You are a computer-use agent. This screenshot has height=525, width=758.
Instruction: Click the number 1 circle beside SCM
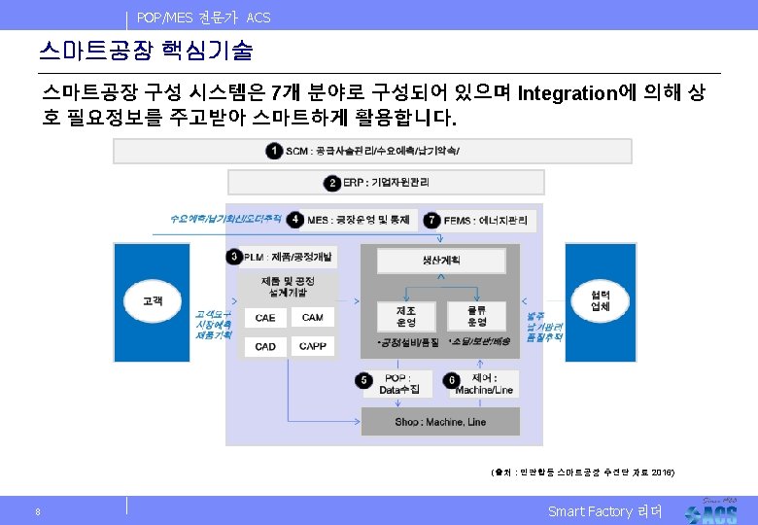click(274, 151)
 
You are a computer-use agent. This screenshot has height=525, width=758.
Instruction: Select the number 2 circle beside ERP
click(333, 182)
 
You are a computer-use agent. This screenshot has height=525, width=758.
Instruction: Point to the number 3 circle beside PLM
click(234, 257)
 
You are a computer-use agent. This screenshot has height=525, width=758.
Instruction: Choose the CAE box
click(265, 318)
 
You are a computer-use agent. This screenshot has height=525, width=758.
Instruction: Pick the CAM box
click(313, 318)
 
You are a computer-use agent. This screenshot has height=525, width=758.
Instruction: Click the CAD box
click(265, 346)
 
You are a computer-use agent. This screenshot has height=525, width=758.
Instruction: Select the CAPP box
click(313, 346)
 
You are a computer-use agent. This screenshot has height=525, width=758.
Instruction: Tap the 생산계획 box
click(441, 261)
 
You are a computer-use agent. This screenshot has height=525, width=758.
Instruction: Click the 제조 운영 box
click(406, 316)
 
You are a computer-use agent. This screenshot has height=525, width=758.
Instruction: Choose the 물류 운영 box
click(477, 316)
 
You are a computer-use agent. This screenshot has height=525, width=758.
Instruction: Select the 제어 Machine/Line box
click(484, 384)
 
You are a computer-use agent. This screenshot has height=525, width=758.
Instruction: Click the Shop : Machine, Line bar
click(440, 422)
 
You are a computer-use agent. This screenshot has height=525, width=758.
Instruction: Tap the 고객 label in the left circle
click(153, 300)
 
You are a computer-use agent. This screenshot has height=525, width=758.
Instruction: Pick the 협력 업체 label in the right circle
click(601, 300)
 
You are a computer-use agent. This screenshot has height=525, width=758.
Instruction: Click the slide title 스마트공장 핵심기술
click(146, 49)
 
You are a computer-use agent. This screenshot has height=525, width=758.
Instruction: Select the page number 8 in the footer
click(37, 512)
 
